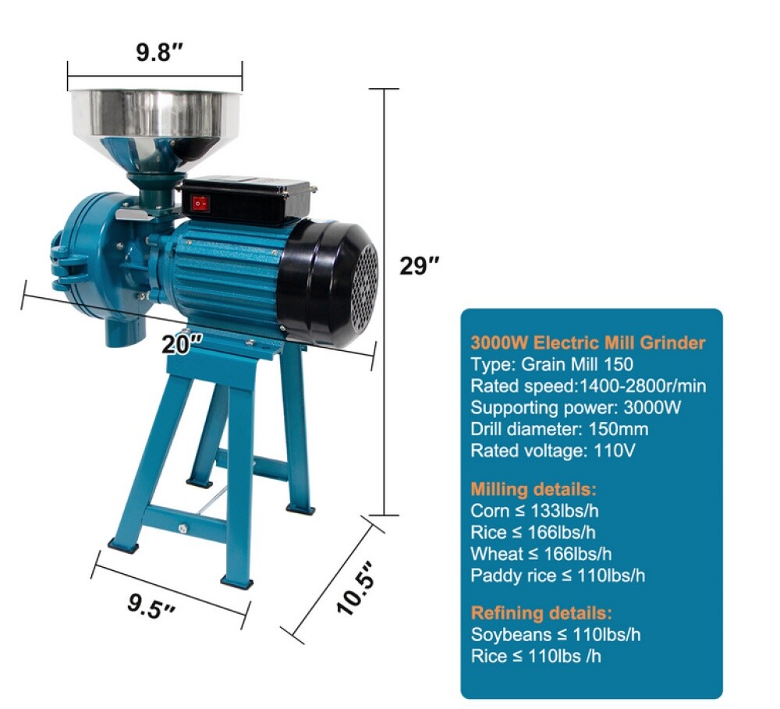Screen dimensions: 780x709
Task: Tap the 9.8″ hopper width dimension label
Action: point(160,51)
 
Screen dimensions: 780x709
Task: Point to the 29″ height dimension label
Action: point(420,266)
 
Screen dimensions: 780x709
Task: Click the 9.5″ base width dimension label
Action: point(152,605)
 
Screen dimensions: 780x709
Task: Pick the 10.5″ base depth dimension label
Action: point(355,589)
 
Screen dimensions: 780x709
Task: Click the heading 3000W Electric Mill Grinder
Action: point(588,343)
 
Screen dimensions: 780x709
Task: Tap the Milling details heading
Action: point(534,489)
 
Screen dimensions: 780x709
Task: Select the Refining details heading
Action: point(541,612)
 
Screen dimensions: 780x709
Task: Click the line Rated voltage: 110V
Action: point(553,451)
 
